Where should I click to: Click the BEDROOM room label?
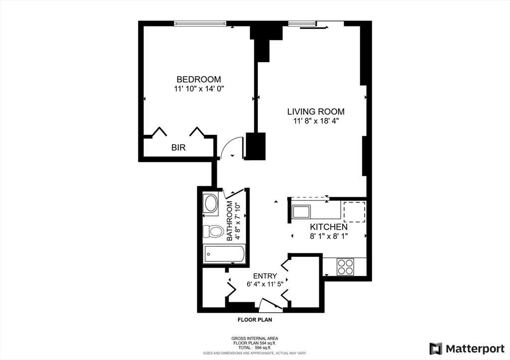pos(199,79)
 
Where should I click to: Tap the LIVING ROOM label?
pos(316,112)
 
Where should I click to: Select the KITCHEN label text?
pos(329,227)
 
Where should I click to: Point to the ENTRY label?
pos(265,276)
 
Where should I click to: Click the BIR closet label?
pos(179,148)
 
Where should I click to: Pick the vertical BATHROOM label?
pos(230,222)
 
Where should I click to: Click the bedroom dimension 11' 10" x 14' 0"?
pos(199,89)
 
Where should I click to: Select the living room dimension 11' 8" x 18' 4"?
pos(316,120)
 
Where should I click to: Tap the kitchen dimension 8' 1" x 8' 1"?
pos(329,236)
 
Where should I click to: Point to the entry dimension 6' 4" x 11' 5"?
pos(265,285)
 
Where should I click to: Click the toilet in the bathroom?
pos(213,232)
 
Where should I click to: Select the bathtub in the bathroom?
pos(224,254)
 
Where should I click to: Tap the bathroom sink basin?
pos(211,204)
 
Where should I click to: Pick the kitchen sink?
pos(302,212)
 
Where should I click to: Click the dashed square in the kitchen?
pos(354,212)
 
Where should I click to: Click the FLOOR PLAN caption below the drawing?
pos(254,321)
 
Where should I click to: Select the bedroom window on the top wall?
pos(200,23)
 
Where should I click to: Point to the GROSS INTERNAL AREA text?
pos(254,339)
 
